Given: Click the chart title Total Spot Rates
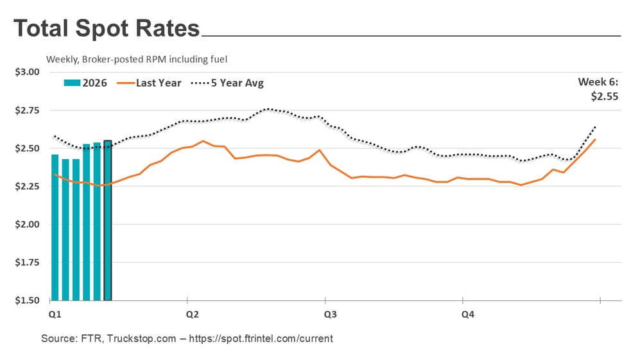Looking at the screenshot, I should point(107,29).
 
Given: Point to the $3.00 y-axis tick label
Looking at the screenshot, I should point(27,72).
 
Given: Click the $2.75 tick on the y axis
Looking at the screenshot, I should point(27,110).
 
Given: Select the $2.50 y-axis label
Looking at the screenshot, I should point(27,148).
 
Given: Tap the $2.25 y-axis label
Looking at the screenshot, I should point(27,186).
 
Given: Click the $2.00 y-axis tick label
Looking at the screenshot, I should point(27,225).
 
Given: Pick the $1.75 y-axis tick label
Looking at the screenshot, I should point(27,262).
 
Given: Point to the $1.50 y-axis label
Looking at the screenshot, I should point(27,300).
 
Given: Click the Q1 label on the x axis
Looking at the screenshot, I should point(55,315).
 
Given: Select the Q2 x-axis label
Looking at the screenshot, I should point(192,315).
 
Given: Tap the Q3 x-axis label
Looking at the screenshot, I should point(330,315).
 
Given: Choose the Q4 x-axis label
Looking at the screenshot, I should point(468,315).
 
